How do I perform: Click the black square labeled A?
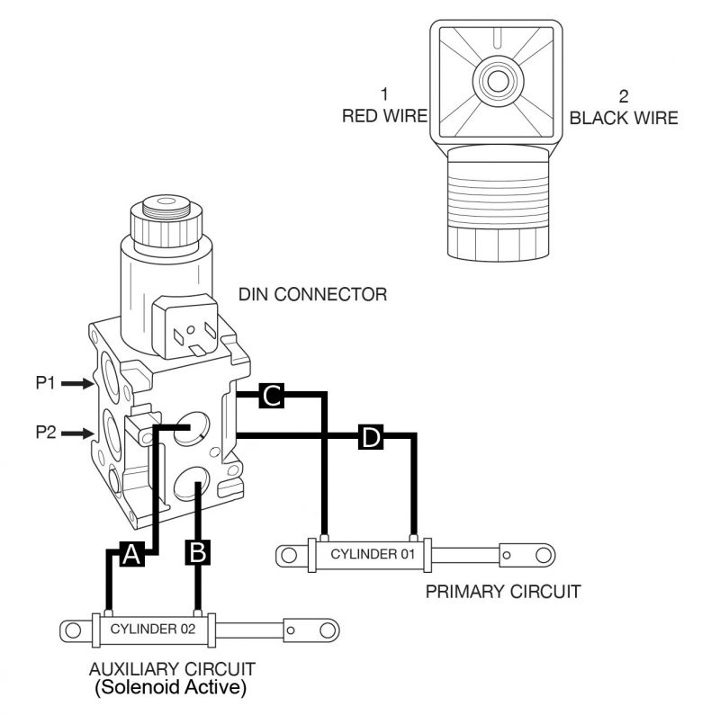[131, 555]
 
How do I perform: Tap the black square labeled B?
[198, 551]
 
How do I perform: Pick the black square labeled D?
[371, 437]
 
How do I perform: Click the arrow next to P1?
[75, 384]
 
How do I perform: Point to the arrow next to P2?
[75, 434]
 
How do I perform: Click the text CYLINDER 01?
[372, 554]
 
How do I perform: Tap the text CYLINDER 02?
[153, 629]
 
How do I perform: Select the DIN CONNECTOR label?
[313, 294]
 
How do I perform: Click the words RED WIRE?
[383, 117]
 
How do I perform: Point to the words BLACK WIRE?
[624, 117]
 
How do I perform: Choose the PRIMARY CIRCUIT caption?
[503, 591]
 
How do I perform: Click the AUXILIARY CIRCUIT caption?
[172, 668]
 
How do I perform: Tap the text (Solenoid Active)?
[172, 688]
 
